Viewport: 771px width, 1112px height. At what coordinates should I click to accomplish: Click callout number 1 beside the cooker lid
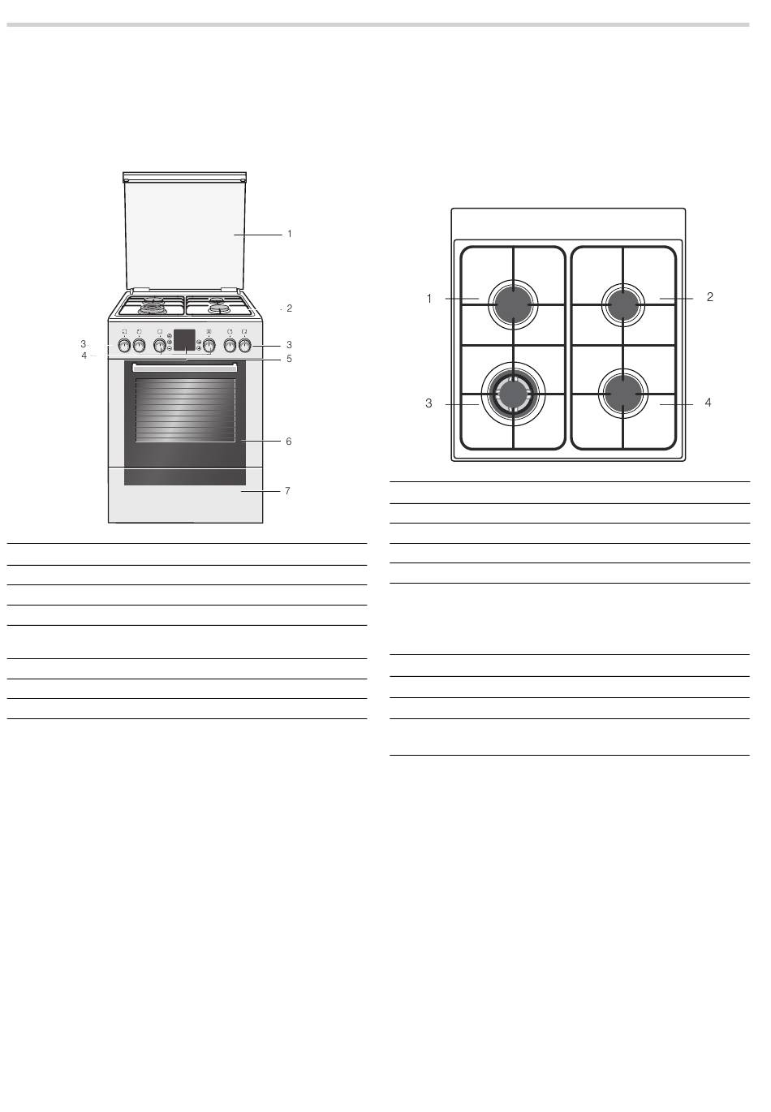coord(290,234)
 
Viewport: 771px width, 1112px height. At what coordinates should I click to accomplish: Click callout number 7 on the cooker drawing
coord(287,491)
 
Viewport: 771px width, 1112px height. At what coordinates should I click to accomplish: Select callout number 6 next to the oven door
coord(288,442)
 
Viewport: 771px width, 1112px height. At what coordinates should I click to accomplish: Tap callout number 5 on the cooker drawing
coord(290,359)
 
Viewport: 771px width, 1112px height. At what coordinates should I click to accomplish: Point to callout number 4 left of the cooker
coord(84,356)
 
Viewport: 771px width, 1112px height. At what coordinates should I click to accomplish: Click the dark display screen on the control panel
coord(184,339)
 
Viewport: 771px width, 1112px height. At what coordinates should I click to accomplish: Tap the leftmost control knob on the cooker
coord(124,345)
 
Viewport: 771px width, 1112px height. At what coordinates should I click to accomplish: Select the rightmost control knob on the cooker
coord(244,345)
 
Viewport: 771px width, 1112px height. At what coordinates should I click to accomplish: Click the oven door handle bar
coord(185,368)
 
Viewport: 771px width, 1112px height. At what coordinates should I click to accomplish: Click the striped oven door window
coord(185,410)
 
